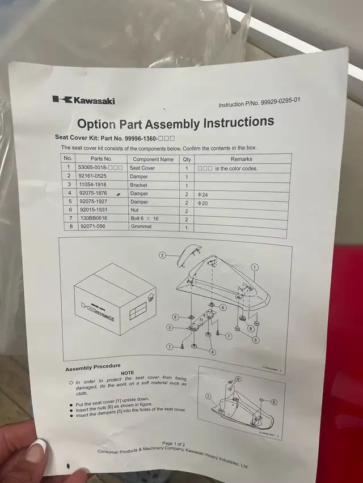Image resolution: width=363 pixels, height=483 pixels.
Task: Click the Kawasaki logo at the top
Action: click(x=83, y=100)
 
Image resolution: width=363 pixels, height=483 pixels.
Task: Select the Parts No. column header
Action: click(x=101, y=159)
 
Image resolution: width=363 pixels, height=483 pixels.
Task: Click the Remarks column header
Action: click(x=242, y=159)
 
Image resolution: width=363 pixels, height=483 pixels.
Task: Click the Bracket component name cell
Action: click(x=138, y=185)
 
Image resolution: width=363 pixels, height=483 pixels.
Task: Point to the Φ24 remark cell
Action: click(x=202, y=194)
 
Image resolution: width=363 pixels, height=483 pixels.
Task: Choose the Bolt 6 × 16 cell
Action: click(x=145, y=218)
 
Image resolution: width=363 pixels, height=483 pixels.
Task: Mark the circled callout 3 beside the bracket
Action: click(x=170, y=327)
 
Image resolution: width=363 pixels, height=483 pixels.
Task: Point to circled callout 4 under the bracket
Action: click(x=212, y=351)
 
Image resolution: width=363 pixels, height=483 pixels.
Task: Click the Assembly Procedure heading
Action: click(x=91, y=369)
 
